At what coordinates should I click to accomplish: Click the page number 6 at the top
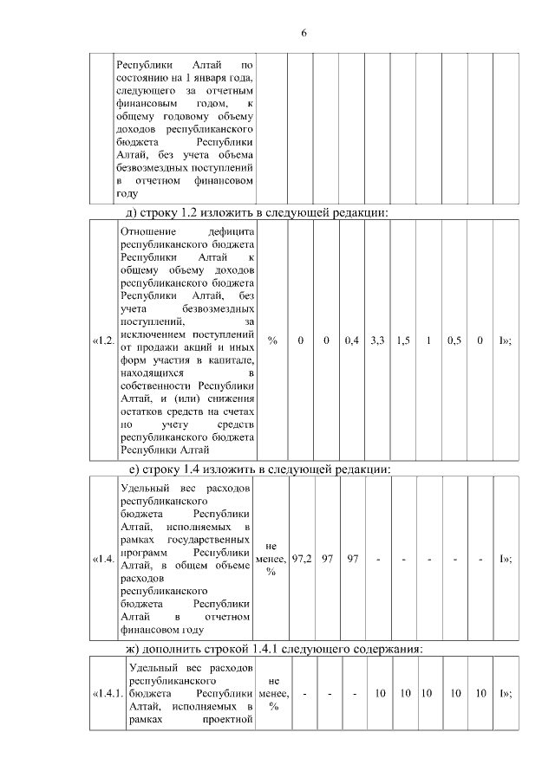click(304, 33)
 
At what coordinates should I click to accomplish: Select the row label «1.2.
click(103, 340)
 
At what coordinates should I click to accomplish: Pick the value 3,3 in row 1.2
click(377, 340)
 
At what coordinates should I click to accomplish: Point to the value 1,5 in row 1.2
click(403, 340)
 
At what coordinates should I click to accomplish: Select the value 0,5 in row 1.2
click(454, 340)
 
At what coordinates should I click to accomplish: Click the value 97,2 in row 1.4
click(302, 559)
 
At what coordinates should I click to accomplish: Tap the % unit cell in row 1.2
click(272, 340)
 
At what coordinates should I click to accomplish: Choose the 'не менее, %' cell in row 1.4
click(272, 559)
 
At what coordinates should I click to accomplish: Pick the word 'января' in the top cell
click(216, 78)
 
